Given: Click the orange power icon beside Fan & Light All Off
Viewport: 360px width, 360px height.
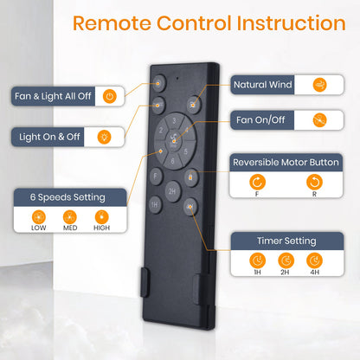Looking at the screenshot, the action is click(x=110, y=96).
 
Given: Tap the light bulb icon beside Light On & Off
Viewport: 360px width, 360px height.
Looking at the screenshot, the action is click(x=104, y=137).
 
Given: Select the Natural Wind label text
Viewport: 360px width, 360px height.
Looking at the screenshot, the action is click(x=263, y=85).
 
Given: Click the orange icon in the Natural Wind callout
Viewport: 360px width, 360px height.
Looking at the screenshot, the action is click(x=319, y=85).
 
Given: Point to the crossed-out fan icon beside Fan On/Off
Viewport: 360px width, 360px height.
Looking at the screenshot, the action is click(x=319, y=120).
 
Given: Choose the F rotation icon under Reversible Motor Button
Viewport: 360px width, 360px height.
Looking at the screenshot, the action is click(x=257, y=182).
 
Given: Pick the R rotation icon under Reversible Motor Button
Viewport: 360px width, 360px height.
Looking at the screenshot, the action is click(x=314, y=182).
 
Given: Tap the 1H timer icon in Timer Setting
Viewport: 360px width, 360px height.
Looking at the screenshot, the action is click(x=257, y=260).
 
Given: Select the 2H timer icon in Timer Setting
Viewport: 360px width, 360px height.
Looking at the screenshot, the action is click(x=286, y=260).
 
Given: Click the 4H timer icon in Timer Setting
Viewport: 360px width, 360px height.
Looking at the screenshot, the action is click(x=314, y=260).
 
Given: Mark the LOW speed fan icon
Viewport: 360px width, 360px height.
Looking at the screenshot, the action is click(x=39, y=217).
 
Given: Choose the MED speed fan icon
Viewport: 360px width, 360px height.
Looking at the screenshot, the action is click(x=70, y=217).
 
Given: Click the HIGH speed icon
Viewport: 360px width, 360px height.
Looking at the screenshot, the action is click(x=101, y=217).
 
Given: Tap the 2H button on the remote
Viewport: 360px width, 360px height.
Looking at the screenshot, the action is click(x=172, y=191).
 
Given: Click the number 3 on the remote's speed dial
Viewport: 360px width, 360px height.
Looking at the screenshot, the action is click(x=174, y=120).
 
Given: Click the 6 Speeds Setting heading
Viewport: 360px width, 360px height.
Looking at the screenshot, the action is click(x=67, y=197).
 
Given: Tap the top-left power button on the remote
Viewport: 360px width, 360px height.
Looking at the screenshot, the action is click(x=159, y=83).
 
